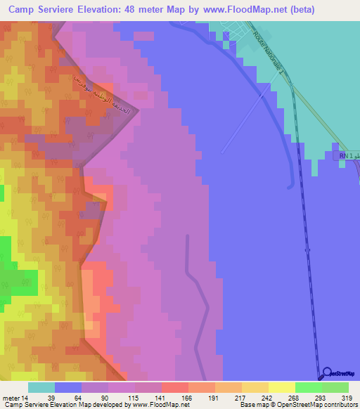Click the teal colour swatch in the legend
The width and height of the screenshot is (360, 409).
[41, 388]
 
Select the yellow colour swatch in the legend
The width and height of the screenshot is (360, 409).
[282, 388]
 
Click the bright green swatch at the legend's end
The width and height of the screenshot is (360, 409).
[335, 388]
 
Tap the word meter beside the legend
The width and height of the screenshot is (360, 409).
[11, 398]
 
